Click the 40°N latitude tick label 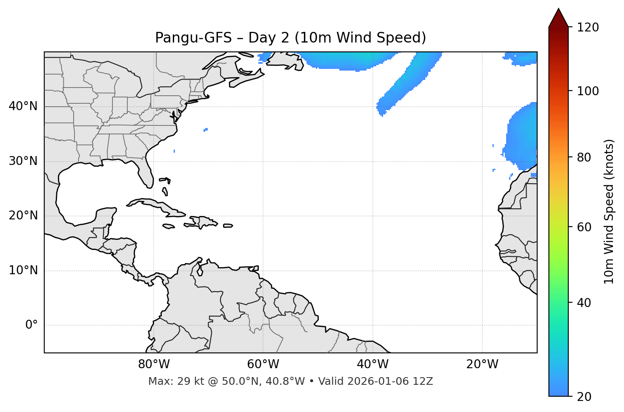click(x=23, y=106)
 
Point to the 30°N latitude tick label click(x=23, y=161)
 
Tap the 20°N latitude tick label click(x=23, y=216)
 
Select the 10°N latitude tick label click(x=23, y=270)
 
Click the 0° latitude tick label click(x=31, y=325)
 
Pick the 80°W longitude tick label click(x=154, y=364)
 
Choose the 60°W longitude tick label click(x=263, y=364)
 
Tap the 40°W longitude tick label click(x=372, y=364)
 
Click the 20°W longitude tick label click(x=482, y=364)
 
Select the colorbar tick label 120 click(x=588, y=28)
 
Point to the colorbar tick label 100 click(x=588, y=91)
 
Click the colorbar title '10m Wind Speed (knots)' click(x=609, y=212)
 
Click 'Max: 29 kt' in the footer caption click(x=169, y=381)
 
